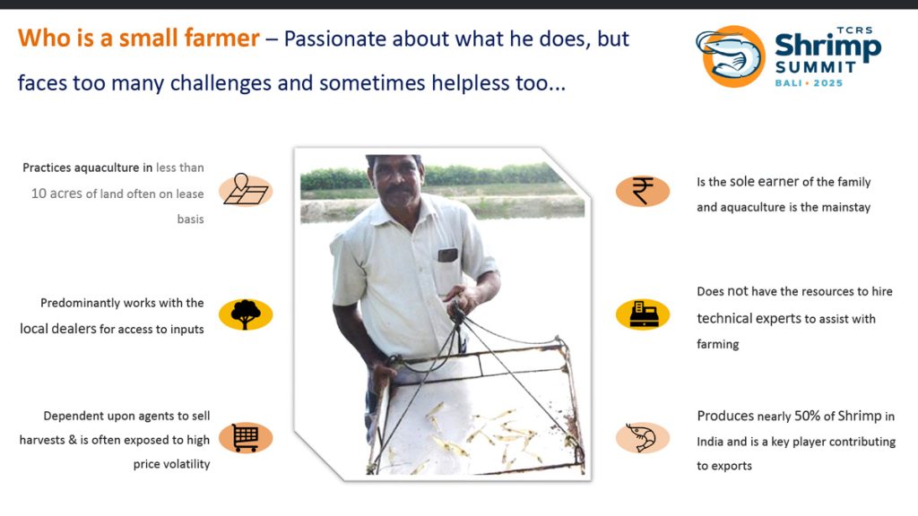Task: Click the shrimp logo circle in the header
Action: coord(731,56)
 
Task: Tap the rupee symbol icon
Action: coord(642,192)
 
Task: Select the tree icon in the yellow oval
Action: coord(246,314)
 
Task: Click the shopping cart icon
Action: coord(246,437)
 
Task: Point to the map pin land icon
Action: coord(246,189)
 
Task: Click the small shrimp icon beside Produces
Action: coord(641,437)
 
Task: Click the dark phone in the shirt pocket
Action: coord(448,255)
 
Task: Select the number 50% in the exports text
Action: coord(808,416)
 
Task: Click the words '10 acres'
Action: coord(56,193)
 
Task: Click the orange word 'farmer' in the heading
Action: coord(222,39)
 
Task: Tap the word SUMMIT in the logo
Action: coord(816,67)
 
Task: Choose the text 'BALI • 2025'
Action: coord(810,83)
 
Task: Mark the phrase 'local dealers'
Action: coord(58,329)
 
